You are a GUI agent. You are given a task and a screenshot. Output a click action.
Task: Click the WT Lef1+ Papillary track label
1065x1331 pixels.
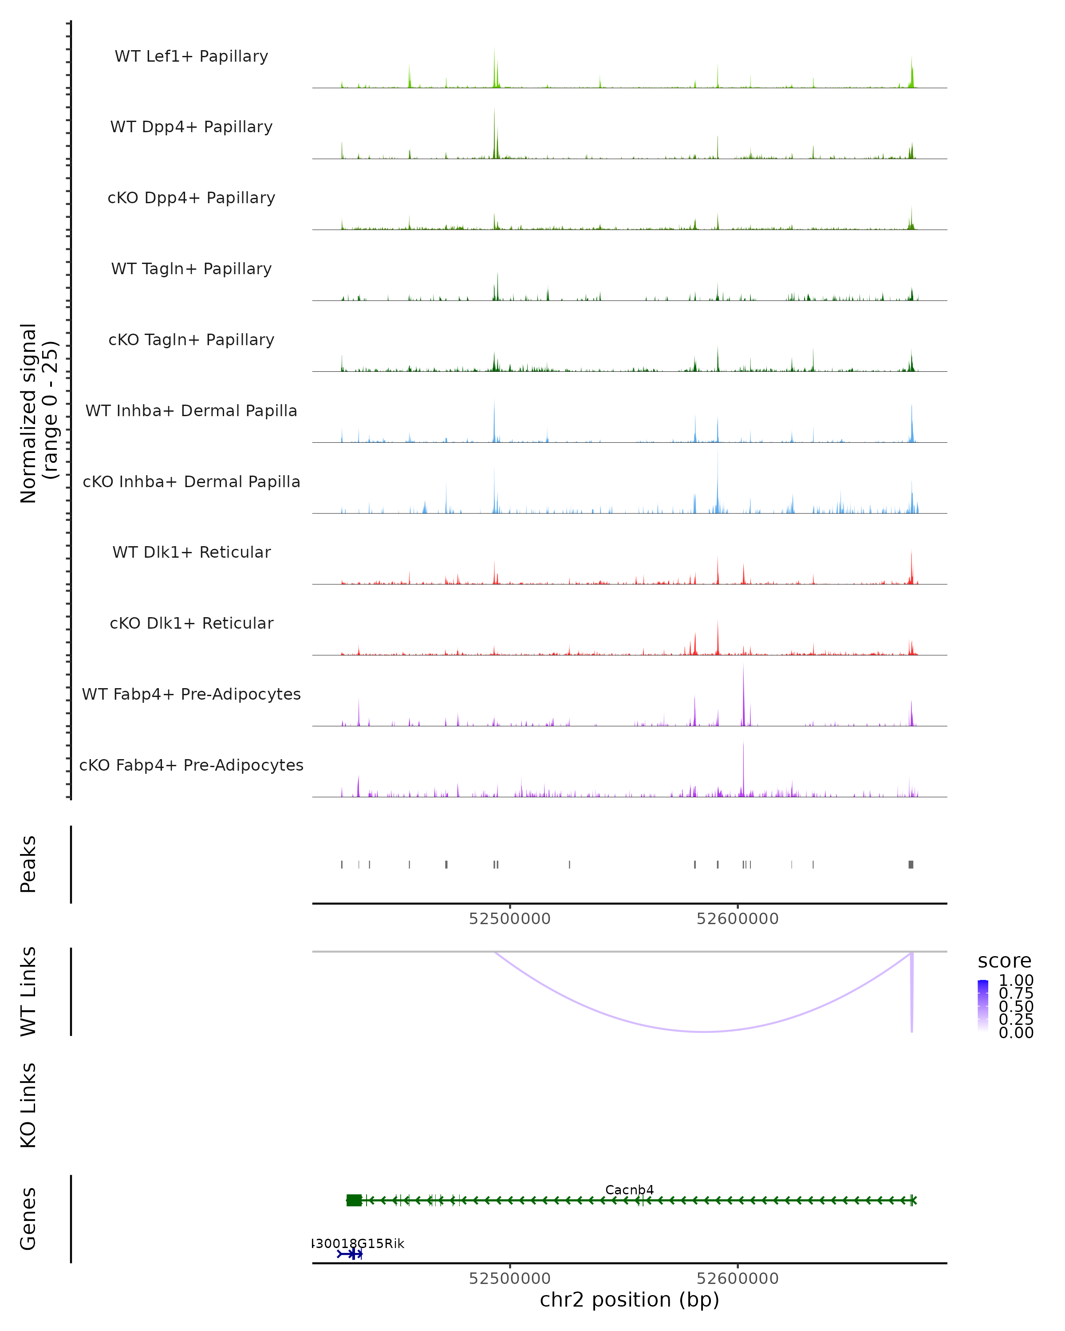191,56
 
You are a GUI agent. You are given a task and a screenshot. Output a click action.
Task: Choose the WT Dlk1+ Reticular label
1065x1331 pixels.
191,552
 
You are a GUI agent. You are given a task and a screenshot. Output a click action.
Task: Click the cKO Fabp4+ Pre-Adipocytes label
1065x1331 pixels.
191,765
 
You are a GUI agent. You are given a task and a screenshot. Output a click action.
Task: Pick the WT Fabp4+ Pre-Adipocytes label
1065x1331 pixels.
191,694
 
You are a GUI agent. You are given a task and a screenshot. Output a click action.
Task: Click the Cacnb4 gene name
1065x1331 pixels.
629,1189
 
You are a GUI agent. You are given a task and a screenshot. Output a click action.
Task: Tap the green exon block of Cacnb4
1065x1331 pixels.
354,1200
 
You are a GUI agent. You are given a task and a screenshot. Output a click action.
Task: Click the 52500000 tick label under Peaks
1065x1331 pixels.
509,919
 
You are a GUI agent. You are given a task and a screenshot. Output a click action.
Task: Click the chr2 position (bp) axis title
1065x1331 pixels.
629,1299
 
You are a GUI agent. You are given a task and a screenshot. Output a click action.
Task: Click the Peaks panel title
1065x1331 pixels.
28,864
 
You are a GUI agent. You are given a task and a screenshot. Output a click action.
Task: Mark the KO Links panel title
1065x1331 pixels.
28,1105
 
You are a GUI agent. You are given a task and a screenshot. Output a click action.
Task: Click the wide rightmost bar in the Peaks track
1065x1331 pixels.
911,864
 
